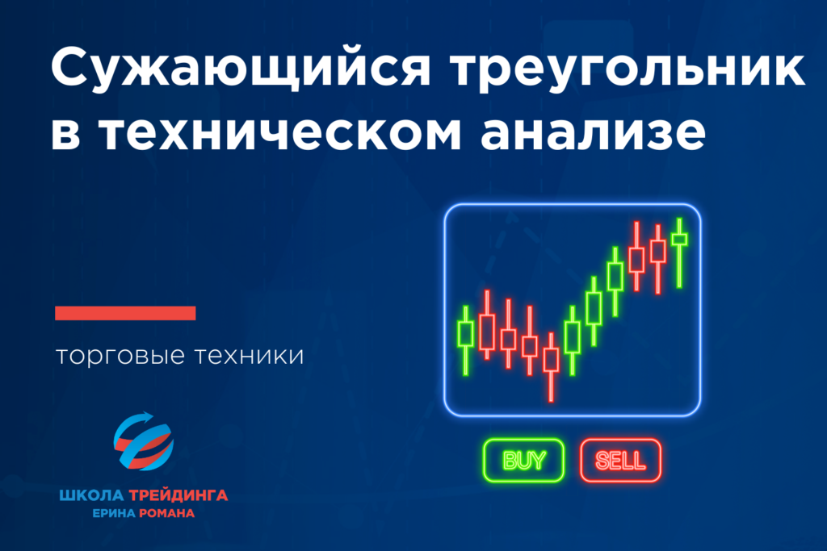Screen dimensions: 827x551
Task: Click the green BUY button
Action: click(523, 461)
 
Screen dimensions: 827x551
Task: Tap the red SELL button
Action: click(620, 461)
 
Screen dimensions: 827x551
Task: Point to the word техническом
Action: click(281, 132)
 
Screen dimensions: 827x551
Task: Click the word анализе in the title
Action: click(593, 132)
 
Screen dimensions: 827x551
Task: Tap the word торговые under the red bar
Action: click(120, 356)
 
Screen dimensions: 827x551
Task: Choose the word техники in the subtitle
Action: click(250, 356)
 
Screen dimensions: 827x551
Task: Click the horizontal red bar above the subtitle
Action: click(125, 313)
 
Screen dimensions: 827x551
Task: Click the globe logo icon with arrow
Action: click(144, 441)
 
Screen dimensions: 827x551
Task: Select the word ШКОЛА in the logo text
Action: click(91, 495)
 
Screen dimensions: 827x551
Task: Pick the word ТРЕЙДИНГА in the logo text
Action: click(178, 495)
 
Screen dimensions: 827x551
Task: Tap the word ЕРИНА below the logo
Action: click(114, 513)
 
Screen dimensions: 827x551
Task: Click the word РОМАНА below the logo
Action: click(166, 513)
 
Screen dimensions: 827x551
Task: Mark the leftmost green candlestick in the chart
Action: click(466, 340)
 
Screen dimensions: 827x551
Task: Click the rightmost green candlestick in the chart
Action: click(679, 253)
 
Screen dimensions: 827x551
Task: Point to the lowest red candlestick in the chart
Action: click(551, 367)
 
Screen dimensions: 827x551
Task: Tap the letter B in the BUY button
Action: click(510, 461)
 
